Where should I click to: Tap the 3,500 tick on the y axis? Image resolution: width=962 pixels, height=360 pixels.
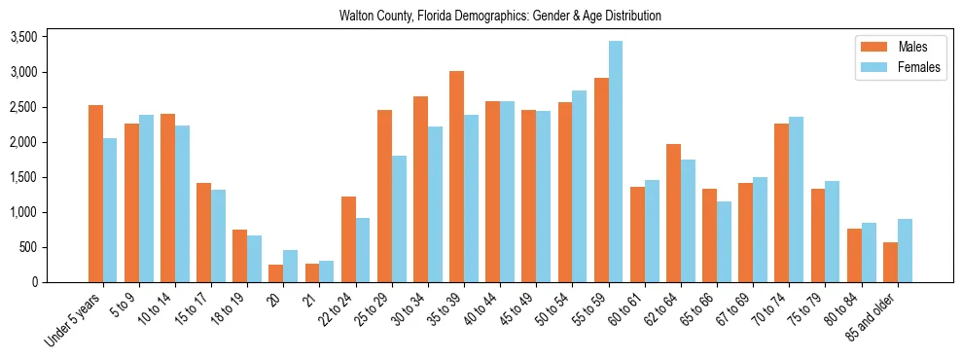pos(22,37)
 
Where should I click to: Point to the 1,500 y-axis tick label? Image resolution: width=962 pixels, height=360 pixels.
pos(22,177)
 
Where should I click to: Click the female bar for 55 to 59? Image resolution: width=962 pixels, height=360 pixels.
pos(616,162)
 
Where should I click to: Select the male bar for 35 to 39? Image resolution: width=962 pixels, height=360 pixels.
pos(456,176)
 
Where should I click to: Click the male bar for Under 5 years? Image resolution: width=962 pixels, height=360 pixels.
pos(95,194)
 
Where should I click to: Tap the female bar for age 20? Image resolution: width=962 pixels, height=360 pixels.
pos(290,266)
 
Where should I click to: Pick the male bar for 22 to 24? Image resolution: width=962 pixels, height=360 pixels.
pos(348,239)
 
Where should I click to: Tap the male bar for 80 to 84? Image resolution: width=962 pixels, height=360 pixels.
pos(854,255)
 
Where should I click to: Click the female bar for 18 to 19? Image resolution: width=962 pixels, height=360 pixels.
pos(254,259)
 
